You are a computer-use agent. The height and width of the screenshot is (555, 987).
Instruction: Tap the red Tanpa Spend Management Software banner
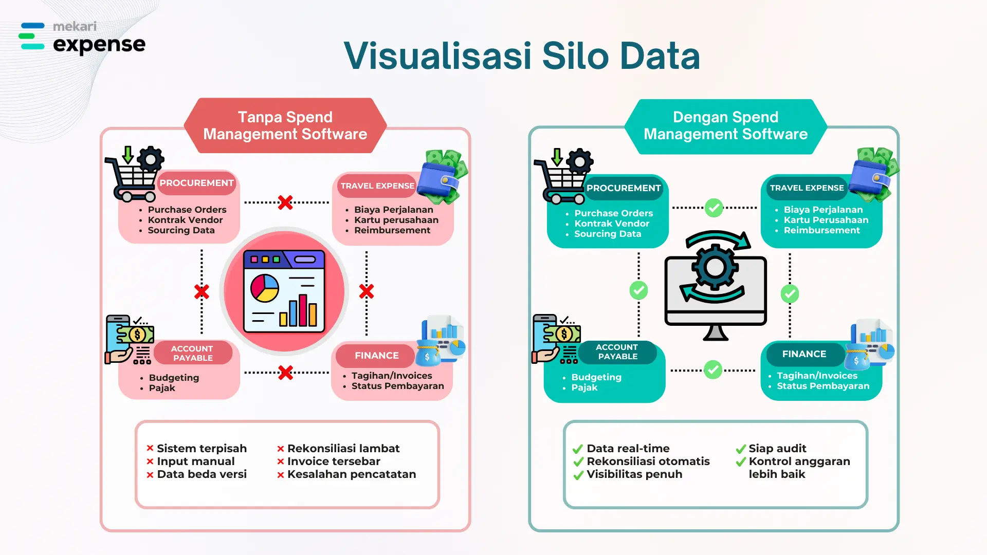coord(285,125)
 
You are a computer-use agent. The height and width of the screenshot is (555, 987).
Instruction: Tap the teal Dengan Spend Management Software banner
coord(725,126)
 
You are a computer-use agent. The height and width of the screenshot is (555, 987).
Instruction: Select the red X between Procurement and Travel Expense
coord(285,202)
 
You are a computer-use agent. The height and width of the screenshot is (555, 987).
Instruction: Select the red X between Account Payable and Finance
coord(285,373)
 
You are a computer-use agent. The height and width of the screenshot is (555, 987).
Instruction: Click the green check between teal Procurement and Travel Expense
coord(714,208)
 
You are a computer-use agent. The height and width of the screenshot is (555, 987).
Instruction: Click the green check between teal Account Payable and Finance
coord(713,370)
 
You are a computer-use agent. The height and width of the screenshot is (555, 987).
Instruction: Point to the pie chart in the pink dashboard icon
coord(265,288)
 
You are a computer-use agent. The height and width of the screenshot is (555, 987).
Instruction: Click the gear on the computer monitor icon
coord(715,267)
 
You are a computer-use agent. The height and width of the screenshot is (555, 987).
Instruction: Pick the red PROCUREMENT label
coord(196,183)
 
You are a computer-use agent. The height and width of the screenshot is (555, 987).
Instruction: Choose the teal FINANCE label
coord(804,354)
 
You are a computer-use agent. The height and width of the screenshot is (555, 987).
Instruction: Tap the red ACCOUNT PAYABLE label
coord(193,353)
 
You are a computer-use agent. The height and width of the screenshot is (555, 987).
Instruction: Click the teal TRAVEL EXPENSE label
coord(807,188)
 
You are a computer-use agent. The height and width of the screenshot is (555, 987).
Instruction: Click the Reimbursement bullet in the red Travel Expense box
coord(392,230)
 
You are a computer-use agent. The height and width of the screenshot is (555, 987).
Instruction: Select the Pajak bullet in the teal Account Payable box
coord(584,387)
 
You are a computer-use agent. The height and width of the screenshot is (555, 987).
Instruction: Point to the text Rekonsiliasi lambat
coord(343,449)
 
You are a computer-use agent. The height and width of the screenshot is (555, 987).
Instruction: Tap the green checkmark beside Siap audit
coord(741,449)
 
